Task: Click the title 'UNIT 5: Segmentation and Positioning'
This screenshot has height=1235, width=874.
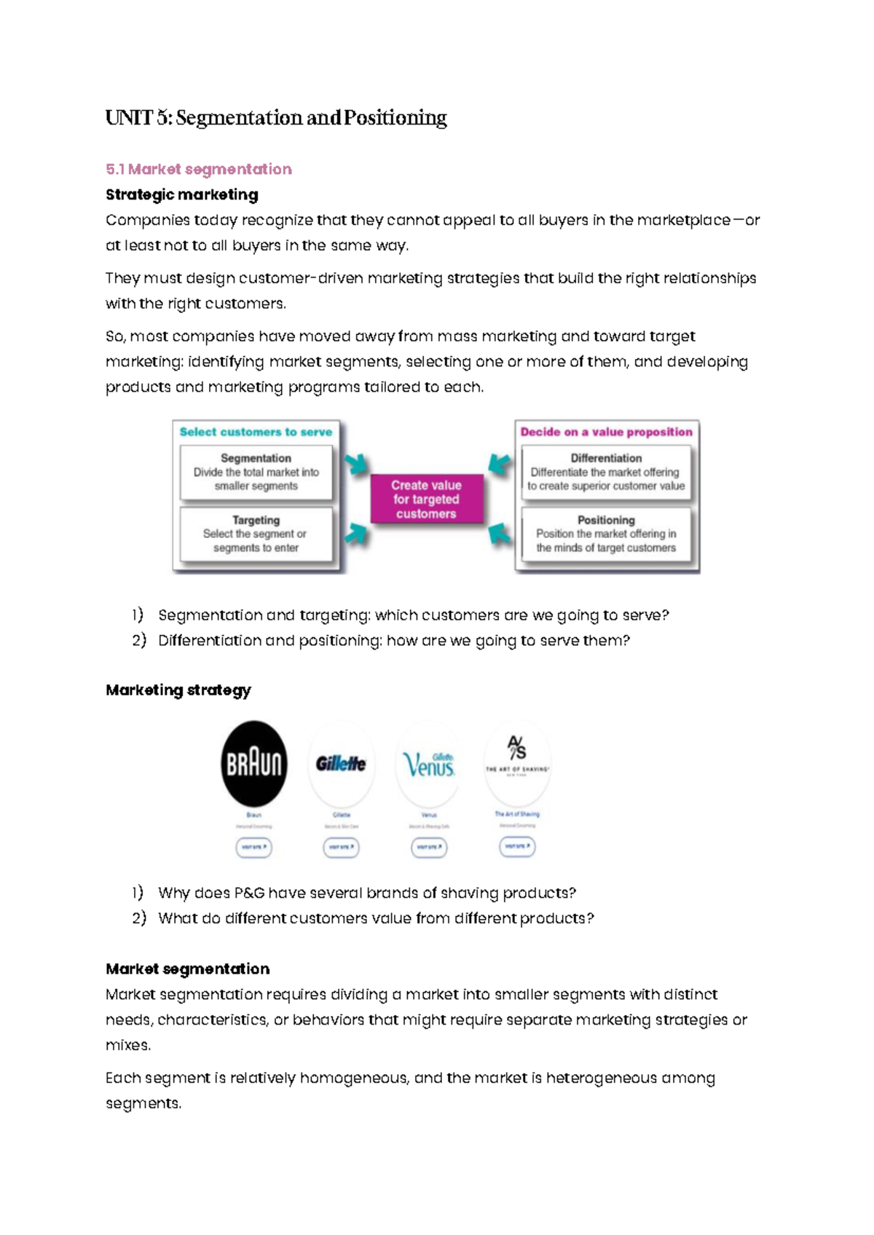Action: click(276, 118)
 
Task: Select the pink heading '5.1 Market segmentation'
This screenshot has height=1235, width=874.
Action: click(198, 169)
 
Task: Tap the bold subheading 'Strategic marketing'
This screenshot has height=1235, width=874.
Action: click(181, 194)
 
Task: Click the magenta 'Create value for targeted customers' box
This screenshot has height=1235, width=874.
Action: click(426, 499)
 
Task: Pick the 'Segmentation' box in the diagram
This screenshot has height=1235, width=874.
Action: click(256, 472)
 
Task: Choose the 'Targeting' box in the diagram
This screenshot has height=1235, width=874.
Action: click(256, 534)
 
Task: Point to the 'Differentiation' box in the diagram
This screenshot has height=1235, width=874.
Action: click(606, 472)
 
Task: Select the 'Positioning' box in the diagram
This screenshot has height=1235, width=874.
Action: click(606, 534)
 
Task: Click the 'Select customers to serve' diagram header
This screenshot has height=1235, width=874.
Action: click(256, 432)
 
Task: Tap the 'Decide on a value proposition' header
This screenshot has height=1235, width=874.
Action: click(606, 432)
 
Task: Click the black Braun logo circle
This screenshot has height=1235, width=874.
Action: click(253, 764)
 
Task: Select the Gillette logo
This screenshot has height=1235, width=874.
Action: click(341, 764)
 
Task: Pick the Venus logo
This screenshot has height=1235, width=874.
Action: click(429, 764)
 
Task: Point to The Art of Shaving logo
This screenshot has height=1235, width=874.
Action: click(517, 757)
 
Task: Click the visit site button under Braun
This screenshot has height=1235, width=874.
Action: click(253, 847)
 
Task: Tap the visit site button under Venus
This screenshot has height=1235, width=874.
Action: click(429, 847)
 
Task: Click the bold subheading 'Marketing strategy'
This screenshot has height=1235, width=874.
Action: click(178, 690)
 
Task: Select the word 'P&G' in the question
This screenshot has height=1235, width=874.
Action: click(250, 893)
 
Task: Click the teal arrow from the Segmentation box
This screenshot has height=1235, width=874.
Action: click(356, 465)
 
